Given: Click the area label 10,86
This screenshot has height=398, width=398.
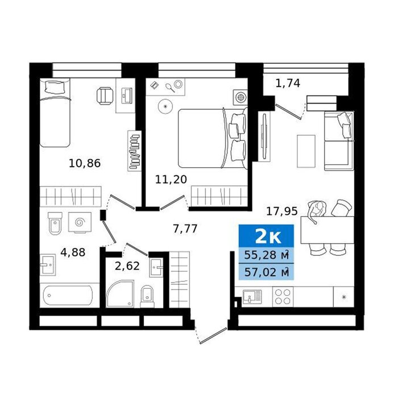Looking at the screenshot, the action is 85,163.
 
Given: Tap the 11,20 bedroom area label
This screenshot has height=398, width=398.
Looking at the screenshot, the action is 171,180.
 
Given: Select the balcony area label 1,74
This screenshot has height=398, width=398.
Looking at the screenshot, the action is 288,83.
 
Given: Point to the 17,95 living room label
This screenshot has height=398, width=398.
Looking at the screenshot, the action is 282,211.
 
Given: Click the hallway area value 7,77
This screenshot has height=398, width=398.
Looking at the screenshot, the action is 185,229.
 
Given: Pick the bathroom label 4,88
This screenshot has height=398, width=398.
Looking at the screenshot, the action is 73,252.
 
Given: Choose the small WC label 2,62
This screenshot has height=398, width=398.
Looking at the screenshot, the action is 127,266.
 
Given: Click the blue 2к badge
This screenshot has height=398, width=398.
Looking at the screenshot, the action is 266,237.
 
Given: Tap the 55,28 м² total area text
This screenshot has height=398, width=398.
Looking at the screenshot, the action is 266,255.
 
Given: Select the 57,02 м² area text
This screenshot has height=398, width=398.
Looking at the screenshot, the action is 266,272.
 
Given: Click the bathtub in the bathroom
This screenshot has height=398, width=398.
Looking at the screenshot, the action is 68,295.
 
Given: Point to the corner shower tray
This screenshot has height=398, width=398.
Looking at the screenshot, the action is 120,294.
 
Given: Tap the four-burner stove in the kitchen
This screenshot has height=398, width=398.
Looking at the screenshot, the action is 283,297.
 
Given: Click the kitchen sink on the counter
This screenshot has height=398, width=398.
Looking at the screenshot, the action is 252,297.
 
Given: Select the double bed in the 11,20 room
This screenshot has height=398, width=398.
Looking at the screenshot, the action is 213,138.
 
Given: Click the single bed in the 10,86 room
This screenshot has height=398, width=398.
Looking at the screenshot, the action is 55,113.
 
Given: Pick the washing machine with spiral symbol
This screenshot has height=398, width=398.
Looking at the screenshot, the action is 80,222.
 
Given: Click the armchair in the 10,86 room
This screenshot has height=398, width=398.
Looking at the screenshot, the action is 105,96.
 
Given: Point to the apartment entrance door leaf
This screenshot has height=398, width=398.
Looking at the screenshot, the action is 213,336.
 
